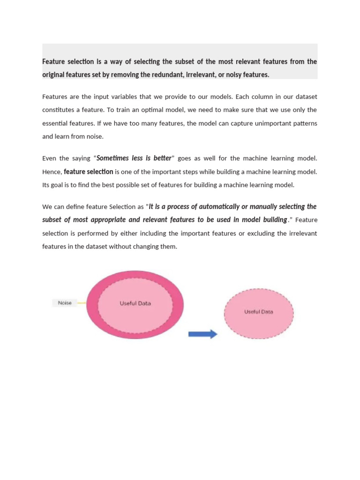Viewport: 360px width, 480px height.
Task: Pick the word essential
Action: (x=56, y=124)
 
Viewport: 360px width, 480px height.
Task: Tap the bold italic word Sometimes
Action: (x=113, y=158)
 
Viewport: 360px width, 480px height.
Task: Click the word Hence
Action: (x=52, y=172)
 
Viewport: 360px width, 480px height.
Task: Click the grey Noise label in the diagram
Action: (x=64, y=303)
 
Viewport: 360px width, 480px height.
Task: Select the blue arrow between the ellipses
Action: (x=202, y=334)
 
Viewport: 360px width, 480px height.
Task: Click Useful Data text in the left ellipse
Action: (x=135, y=303)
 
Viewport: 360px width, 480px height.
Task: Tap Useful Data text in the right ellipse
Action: (x=258, y=312)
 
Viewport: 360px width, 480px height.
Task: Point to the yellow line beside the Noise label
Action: (x=81, y=303)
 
